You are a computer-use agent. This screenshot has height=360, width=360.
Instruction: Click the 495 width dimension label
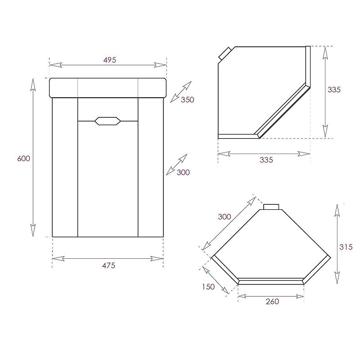110,60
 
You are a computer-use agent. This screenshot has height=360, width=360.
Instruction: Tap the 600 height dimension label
24,158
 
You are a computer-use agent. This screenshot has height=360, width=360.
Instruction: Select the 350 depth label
187,99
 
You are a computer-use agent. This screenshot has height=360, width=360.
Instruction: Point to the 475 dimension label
108,265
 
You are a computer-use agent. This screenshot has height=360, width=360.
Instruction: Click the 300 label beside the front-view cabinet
183,172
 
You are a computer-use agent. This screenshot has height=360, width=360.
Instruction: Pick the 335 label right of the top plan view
334,90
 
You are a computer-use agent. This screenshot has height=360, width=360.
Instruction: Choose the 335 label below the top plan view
266,160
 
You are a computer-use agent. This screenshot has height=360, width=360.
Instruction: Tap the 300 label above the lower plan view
224,217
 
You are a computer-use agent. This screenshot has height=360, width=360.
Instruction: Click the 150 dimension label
208,287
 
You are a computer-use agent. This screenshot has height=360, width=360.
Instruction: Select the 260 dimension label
272,301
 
